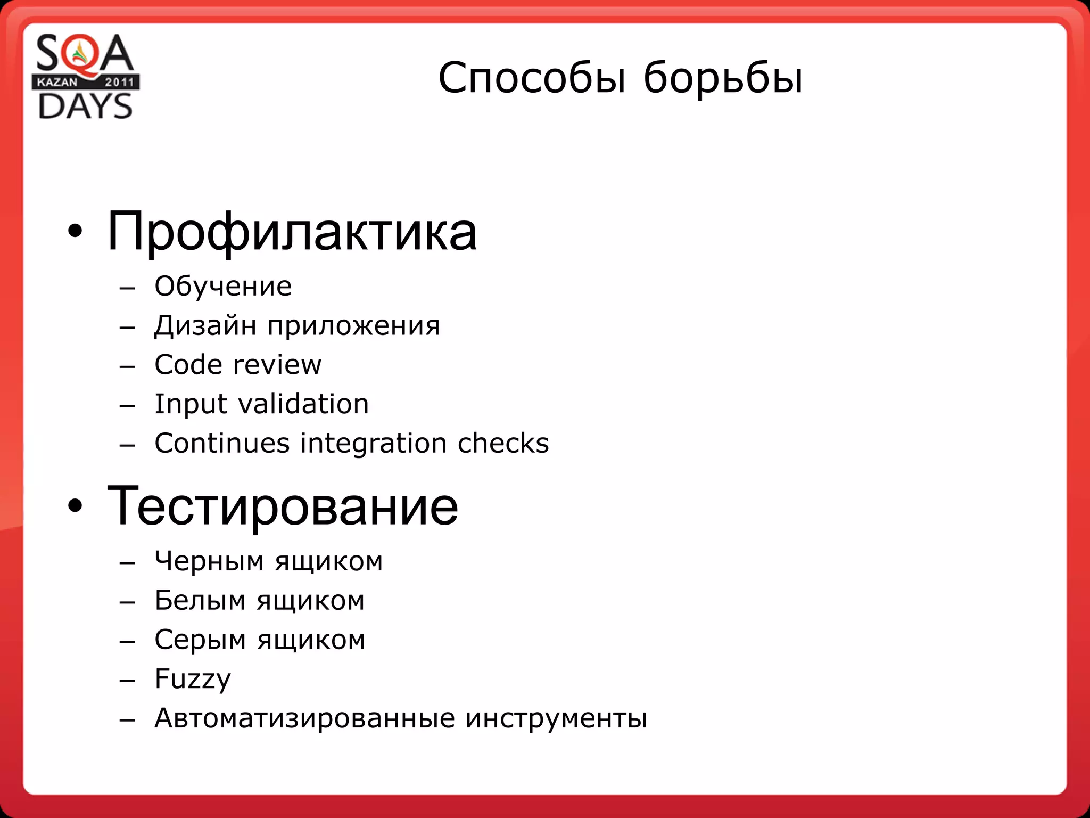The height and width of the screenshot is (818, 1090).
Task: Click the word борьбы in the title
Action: [723, 78]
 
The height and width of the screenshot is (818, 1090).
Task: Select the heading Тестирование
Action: [282, 506]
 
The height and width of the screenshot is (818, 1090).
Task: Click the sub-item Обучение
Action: [223, 287]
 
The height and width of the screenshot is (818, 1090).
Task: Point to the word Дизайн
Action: [205, 325]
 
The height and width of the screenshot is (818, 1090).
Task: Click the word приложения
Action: [353, 326]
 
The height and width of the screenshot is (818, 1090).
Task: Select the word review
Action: [277, 365]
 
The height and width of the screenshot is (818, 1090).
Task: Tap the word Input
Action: [190, 404]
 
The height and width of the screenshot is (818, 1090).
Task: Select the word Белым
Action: [200, 601]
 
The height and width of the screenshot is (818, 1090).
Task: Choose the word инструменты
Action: [556, 718]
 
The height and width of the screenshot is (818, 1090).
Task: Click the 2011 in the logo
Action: [120, 82]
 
